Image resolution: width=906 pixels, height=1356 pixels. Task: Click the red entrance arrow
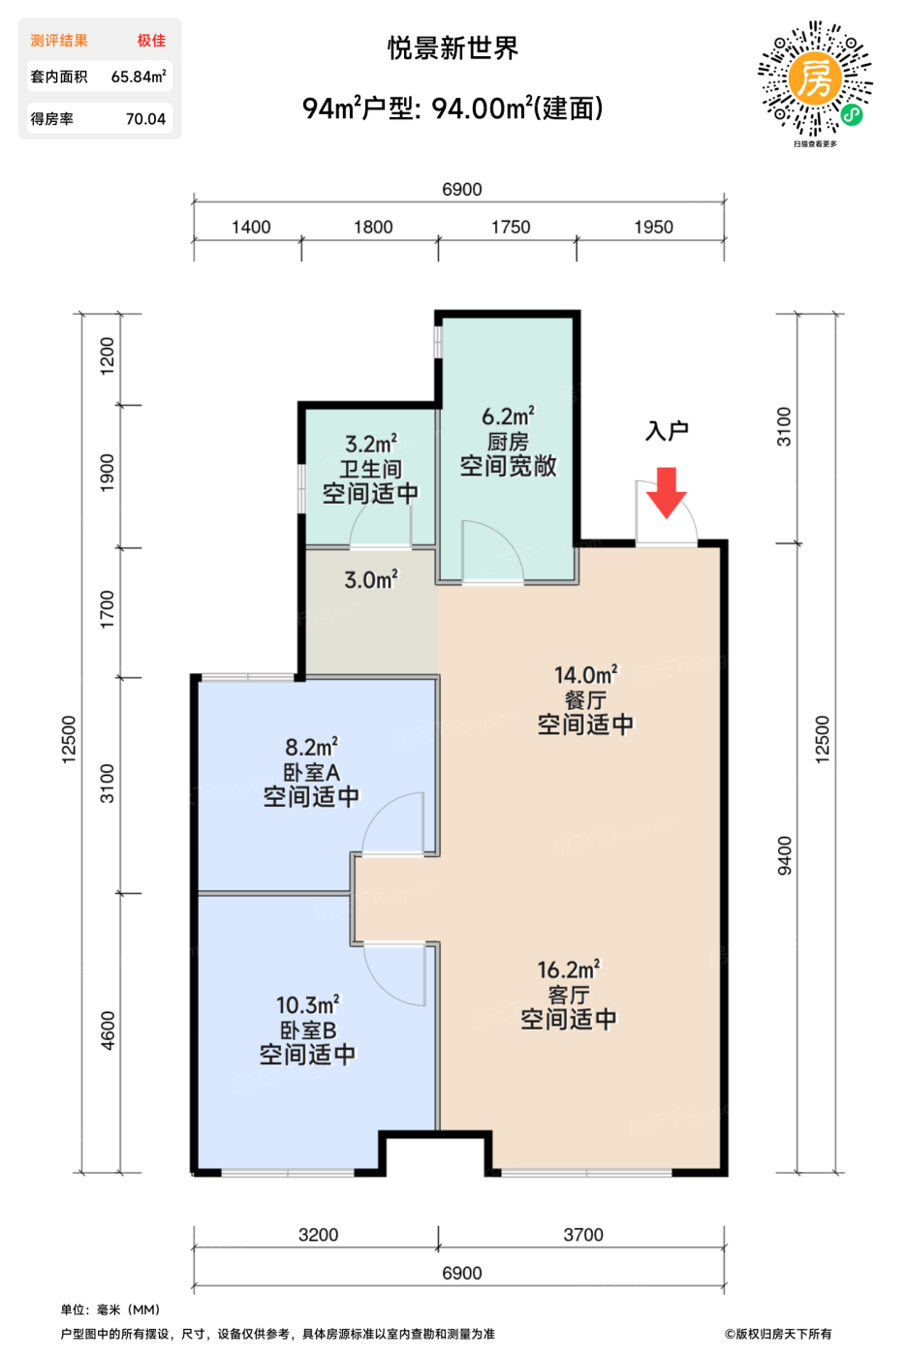coord(667,492)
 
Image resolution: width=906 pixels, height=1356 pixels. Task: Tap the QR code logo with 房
coord(815,78)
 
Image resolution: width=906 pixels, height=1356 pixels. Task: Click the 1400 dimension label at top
coord(251,227)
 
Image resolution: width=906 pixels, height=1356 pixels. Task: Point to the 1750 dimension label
coord(511,227)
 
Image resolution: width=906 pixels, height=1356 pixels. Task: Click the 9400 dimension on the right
coord(784,855)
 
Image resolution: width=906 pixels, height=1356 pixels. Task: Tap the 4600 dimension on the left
coord(108,1031)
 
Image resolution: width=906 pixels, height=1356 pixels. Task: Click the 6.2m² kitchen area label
coord(508,416)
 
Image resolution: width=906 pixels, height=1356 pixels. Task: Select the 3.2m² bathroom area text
coord(371,444)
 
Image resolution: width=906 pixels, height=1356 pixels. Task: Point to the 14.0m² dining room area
coord(585,674)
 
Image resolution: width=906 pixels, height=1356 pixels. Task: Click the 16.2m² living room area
coord(569,970)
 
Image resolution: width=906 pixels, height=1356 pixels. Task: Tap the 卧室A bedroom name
coord(311,773)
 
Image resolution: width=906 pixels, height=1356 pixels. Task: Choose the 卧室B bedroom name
coord(308,1031)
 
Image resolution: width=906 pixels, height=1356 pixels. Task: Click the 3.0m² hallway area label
coord(371,579)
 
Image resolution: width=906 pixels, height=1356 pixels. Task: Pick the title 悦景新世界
coord(453,48)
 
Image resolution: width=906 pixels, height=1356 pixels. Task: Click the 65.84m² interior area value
coord(139,77)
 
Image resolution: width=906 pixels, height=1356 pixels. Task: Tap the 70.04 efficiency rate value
coord(145,118)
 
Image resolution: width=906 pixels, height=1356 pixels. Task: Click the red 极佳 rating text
coord(151,41)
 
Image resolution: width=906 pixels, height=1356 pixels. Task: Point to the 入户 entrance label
coord(667,430)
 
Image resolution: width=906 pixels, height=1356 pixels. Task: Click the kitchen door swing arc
coord(508,539)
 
